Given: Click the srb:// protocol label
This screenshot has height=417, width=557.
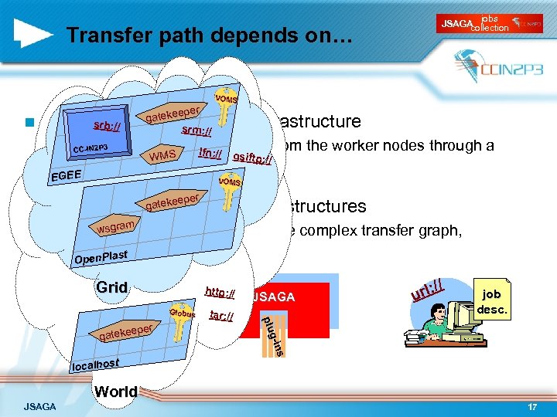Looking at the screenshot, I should coord(106,126).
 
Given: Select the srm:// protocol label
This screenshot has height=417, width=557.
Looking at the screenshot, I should coord(196,132).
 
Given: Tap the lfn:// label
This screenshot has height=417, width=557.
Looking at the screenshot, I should coord(210,154).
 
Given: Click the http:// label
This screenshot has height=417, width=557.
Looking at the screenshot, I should coord(220,293).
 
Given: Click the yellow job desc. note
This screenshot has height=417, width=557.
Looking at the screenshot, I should coord(491,300).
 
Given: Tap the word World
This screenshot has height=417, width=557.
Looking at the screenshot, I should coord(115,392).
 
